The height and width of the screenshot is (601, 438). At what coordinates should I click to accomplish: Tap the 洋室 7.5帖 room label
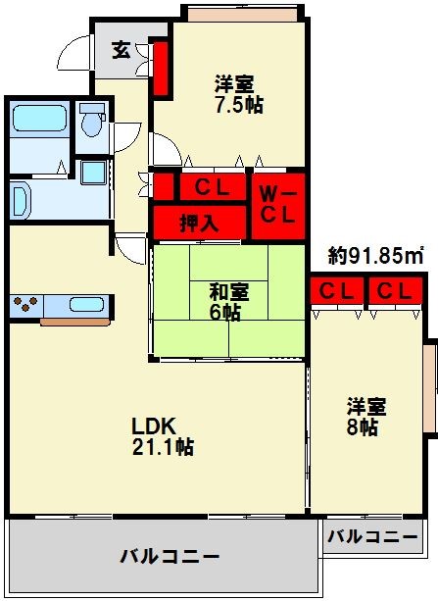click(238, 94)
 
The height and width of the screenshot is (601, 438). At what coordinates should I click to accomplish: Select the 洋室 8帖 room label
click(366, 417)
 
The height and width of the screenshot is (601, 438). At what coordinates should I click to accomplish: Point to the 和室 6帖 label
click(228, 302)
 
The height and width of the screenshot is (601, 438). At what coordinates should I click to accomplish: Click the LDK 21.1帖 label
click(163, 436)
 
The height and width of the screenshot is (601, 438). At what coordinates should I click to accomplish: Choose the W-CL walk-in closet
click(278, 206)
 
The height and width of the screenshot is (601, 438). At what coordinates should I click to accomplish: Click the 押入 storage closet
click(199, 223)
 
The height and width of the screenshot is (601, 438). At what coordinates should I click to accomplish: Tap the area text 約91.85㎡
click(376, 256)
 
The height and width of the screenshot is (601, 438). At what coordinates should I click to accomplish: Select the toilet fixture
click(92, 120)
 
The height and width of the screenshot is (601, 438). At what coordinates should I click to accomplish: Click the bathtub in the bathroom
click(39, 118)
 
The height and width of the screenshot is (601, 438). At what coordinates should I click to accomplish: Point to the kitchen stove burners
click(25, 304)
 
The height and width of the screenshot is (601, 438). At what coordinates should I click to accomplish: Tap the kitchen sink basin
click(86, 304)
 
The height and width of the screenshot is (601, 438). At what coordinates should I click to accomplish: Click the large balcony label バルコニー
click(170, 556)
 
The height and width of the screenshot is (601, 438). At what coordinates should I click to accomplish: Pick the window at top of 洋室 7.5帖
click(243, 15)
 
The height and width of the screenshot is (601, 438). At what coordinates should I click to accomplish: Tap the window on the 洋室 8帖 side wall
click(429, 388)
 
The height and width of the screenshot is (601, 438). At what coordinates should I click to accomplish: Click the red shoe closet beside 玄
click(161, 69)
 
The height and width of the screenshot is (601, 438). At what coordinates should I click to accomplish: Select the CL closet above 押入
click(213, 186)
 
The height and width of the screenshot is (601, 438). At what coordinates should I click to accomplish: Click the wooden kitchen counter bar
click(75, 322)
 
